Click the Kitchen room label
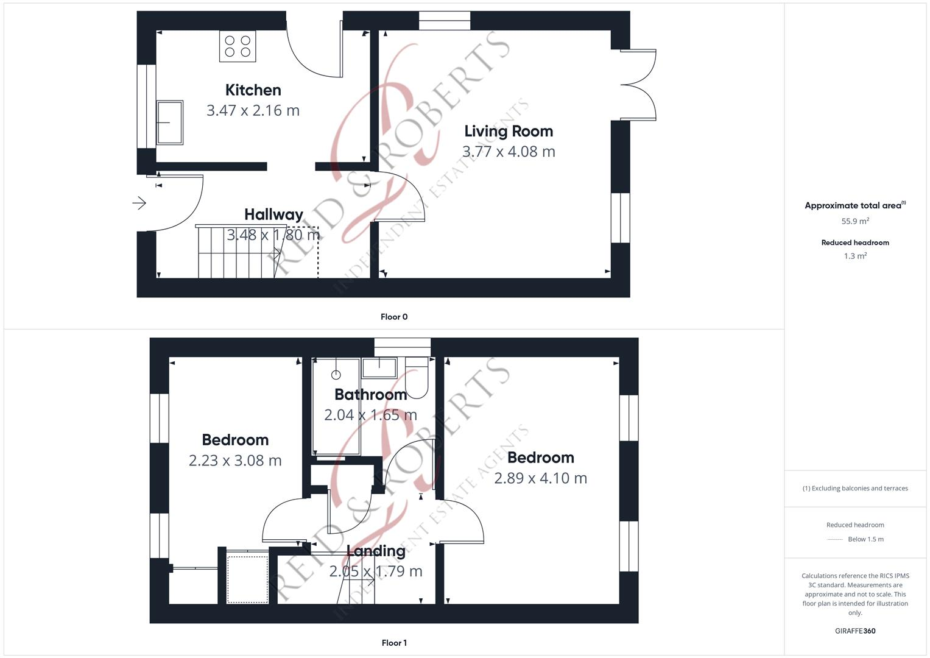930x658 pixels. (x=253, y=90)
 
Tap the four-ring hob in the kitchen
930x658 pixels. (x=238, y=46)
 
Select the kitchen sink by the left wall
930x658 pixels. (x=170, y=122)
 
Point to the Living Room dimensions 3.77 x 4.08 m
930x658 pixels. (x=509, y=152)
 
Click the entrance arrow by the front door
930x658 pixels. (x=139, y=203)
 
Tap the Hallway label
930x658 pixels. (x=273, y=214)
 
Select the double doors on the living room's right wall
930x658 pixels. (x=638, y=85)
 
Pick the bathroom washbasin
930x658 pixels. (x=379, y=367)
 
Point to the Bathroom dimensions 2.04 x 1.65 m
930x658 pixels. (x=370, y=415)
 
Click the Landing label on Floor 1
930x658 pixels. (x=376, y=551)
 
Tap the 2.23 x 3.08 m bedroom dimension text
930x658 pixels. (x=235, y=461)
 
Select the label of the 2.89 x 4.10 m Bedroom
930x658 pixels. (x=540, y=458)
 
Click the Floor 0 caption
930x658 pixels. (x=394, y=317)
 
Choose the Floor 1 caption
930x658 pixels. (x=394, y=643)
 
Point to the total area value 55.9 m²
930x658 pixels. (x=855, y=221)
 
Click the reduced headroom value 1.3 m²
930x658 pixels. (x=855, y=256)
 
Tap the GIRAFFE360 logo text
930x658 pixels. (x=855, y=631)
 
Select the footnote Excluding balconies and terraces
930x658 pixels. (x=855, y=488)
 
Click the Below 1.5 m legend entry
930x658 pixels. (x=865, y=539)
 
